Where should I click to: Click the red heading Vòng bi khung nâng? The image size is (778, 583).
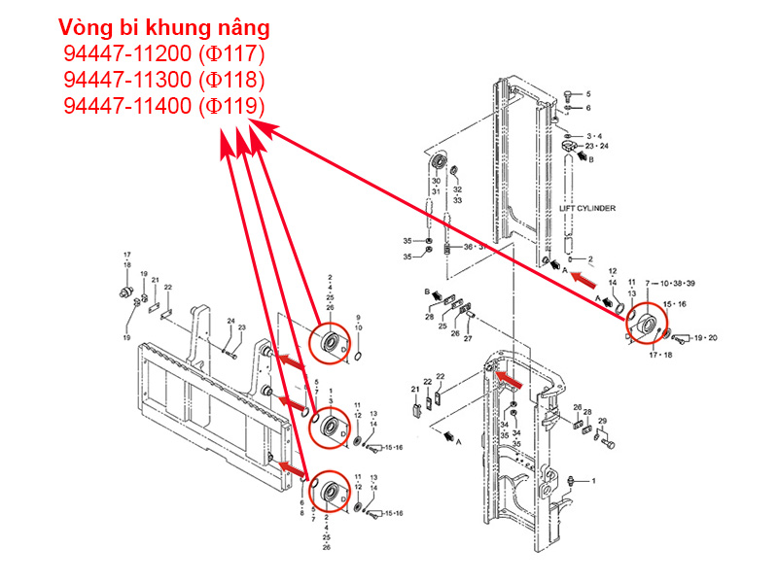[163, 26]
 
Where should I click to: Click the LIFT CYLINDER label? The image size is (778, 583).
[587, 208]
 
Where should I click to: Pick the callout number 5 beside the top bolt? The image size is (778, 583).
[588, 94]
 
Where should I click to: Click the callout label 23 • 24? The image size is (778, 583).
[597, 146]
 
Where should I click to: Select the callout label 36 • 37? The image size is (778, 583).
[474, 247]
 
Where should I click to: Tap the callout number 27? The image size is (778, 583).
[468, 339]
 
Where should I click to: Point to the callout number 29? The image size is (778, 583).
[603, 422]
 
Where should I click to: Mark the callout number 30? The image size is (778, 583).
[436, 182]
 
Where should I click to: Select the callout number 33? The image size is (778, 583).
[457, 199]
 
